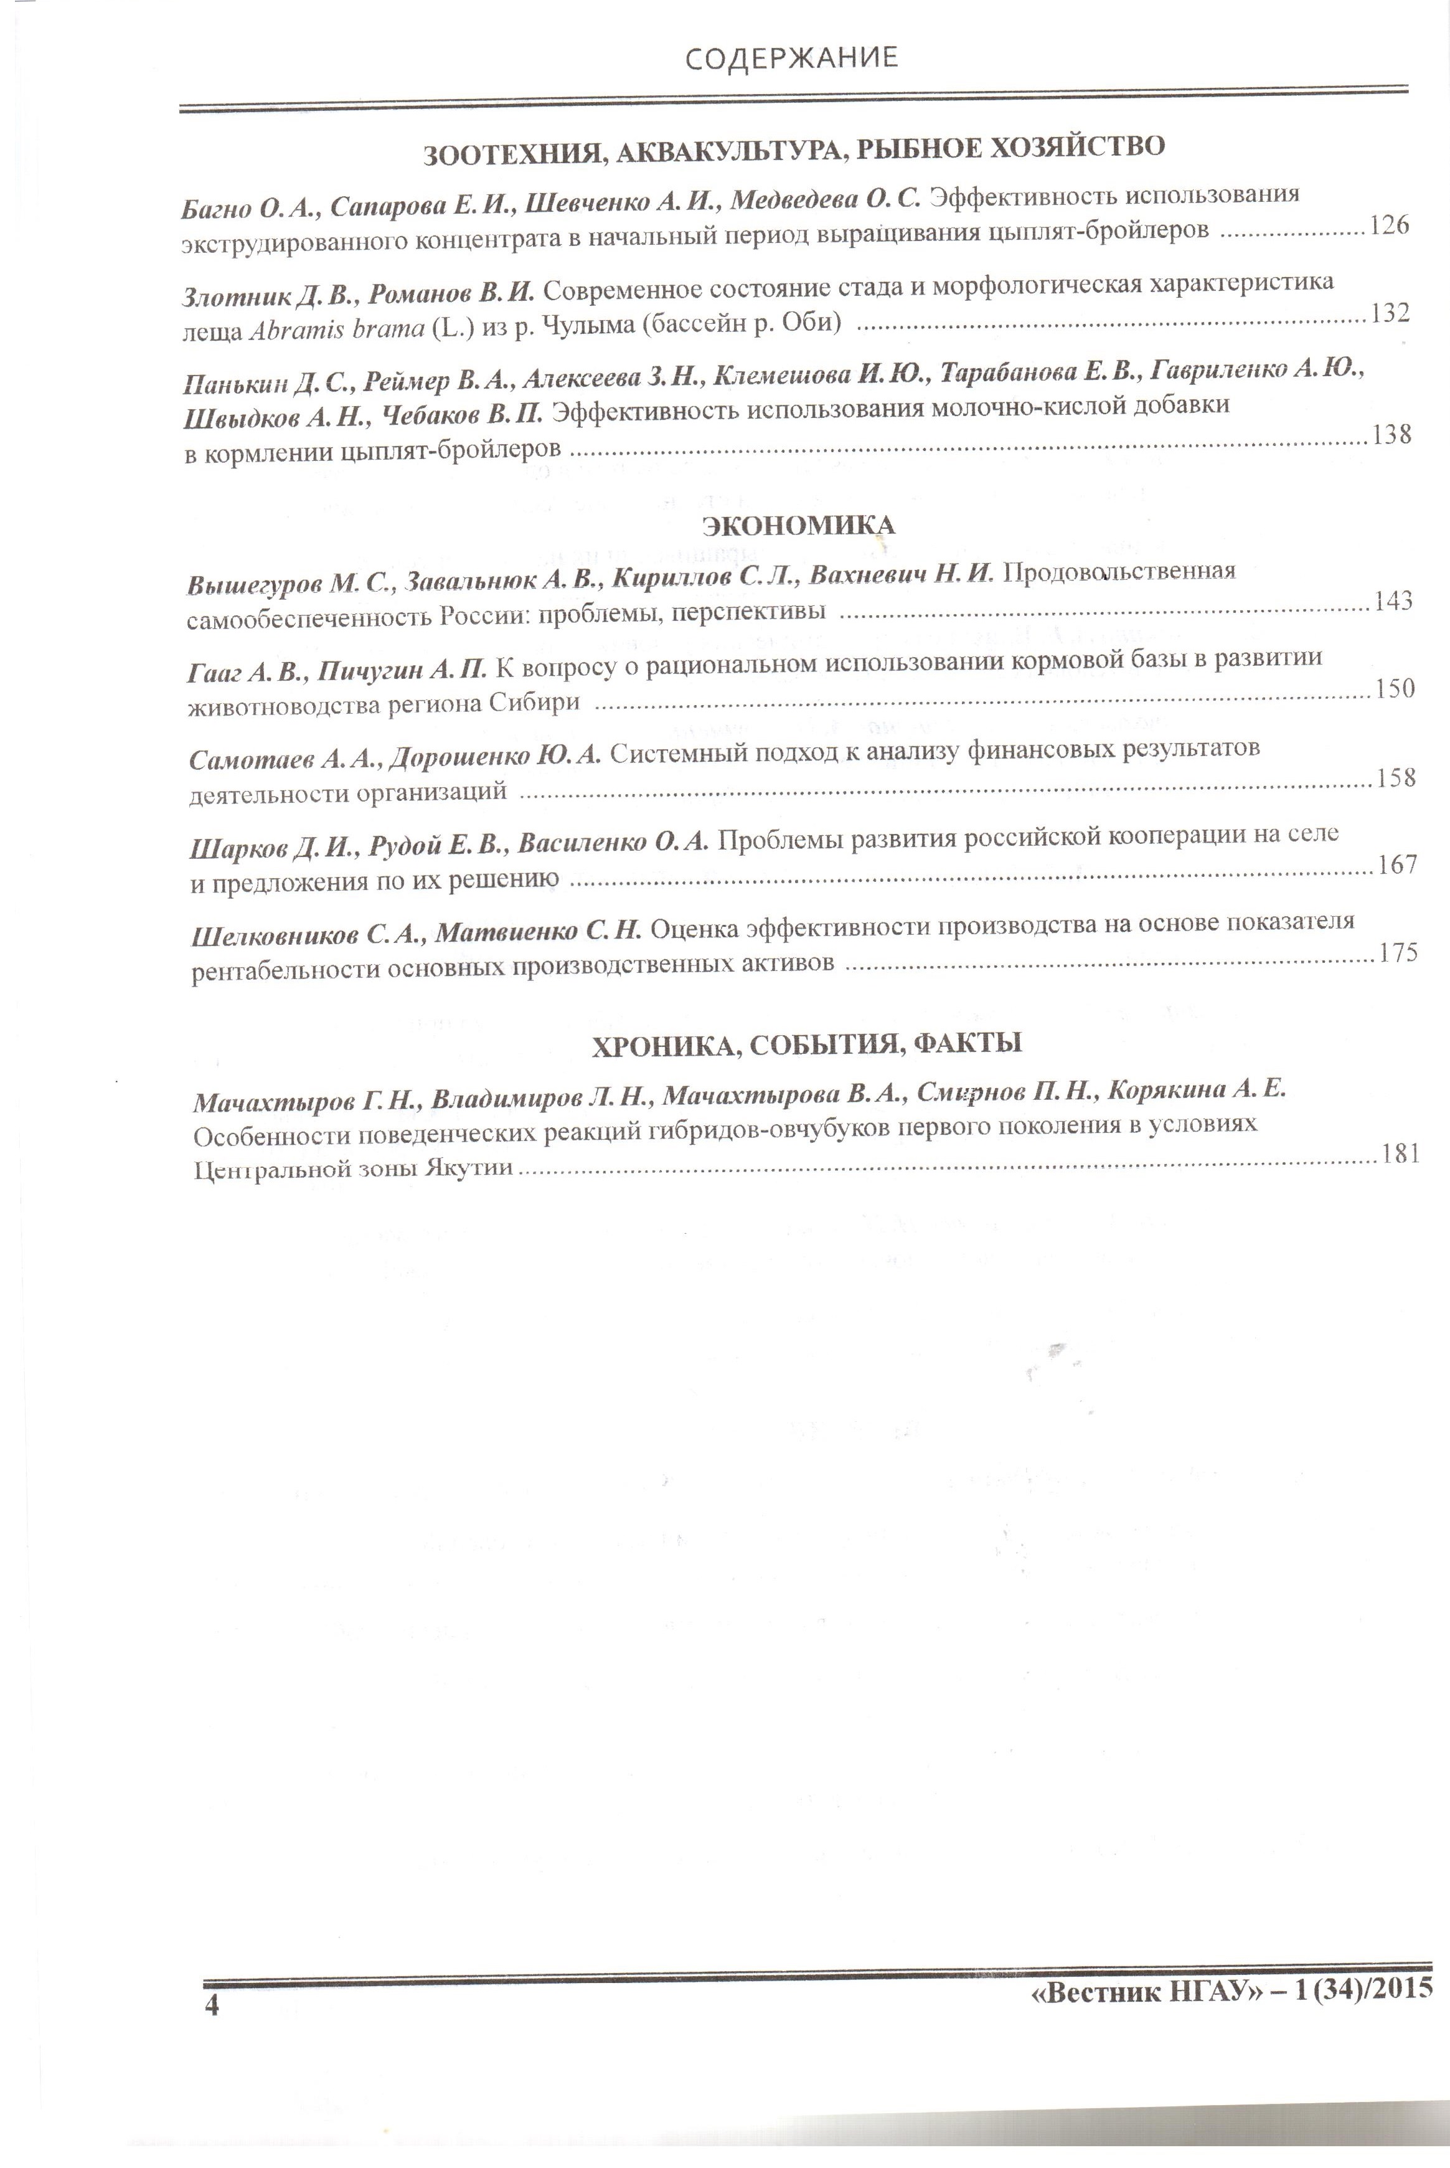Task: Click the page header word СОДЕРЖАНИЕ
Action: (x=791, y=57)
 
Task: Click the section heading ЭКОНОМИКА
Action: (x=798, y=526)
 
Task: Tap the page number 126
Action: (x=1389, y=225)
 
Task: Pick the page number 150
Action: (x=1395, y=688)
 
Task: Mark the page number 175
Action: (x=1398, y=953)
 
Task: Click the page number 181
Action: (x=1400, y=1153)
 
